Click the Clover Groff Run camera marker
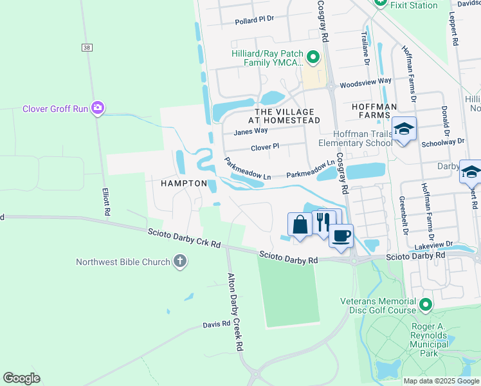tap(98, 107)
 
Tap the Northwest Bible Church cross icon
tap(181, 262)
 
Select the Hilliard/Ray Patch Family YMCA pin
tap(313, 58)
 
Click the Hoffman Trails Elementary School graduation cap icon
tap(404, 129)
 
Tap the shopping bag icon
tap(300, 225)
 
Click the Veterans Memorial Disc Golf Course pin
tap(424, 304)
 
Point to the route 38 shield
tap(87, 48)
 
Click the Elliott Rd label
tap(105, 202)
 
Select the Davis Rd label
tap(216, 324)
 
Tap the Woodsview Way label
tap(365, 82)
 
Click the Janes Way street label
tap(250, 131)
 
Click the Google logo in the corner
tap(21, 378)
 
